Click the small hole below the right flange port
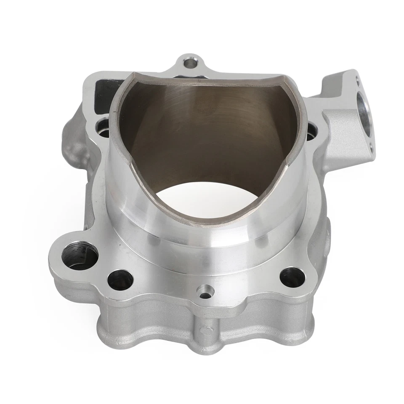[370, 147]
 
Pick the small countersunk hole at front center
[205, 293]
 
